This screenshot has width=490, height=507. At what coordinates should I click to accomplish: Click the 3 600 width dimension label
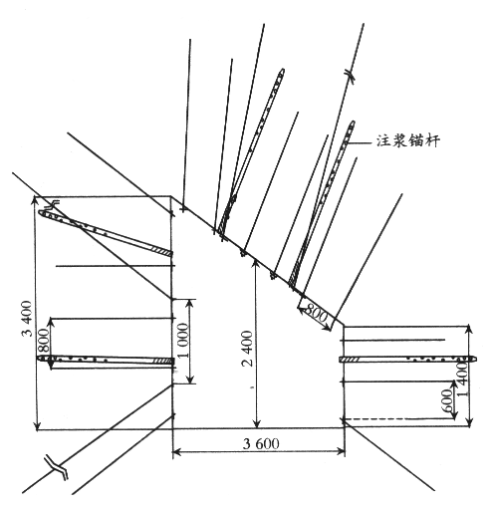point(261,443)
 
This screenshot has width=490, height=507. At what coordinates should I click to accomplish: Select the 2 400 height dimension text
point(248,349)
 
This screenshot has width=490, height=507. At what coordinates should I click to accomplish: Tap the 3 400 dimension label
point(27,319)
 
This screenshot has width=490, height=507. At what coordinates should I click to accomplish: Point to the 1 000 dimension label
point(182,341)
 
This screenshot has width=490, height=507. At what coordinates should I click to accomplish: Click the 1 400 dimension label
point(463,379)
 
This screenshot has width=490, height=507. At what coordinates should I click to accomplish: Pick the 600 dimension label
point(447,400)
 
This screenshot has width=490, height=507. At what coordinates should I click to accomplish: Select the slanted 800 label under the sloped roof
point(317,313)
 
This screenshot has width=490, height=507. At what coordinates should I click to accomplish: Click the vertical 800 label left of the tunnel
point(43,341)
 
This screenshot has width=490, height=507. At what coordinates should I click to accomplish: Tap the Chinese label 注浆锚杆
point(408,140)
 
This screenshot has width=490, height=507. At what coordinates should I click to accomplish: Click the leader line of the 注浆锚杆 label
point(360,143)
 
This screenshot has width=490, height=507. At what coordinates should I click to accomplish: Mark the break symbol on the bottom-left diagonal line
point(57,467)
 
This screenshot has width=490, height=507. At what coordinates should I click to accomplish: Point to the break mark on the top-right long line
point(349,74)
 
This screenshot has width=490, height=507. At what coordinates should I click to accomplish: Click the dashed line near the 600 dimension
point(396,419)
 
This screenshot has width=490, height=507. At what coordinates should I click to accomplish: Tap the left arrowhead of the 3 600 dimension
point(176,451)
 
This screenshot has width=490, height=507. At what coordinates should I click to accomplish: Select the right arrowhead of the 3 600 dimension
point(341,451)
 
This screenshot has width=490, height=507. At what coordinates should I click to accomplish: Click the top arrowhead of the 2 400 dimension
point(256,263)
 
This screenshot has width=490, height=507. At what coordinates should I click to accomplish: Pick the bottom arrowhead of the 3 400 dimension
point(38,425)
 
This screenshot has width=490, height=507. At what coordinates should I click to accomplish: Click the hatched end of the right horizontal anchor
point(352,360)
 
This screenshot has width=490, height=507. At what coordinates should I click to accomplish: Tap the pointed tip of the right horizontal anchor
point(475,359)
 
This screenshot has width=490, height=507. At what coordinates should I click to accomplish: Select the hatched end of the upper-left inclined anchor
point(161,251)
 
